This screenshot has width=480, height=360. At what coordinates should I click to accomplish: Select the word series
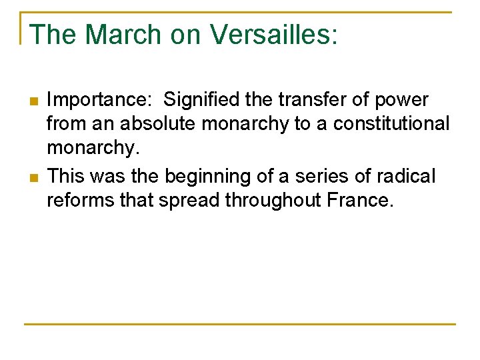pos(316,177)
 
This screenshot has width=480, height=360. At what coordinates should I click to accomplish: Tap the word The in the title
pos(51,35)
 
